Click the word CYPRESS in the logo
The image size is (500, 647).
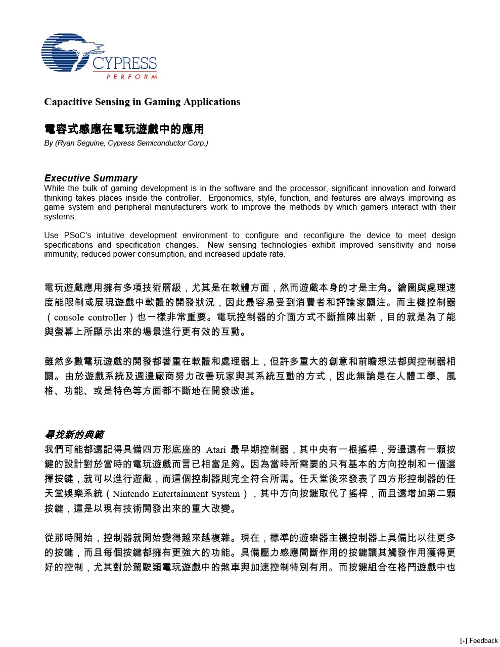[124, 64]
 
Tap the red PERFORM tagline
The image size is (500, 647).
[131, 77]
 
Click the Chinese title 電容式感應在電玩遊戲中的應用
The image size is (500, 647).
[124, 129]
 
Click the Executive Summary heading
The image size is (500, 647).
[91, 178]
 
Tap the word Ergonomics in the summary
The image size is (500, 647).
[231, 198]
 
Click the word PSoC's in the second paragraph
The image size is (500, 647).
[76, 236]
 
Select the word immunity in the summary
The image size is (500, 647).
[60, 254]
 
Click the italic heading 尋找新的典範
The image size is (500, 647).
[74, 435]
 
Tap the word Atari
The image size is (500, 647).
[216, 449]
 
